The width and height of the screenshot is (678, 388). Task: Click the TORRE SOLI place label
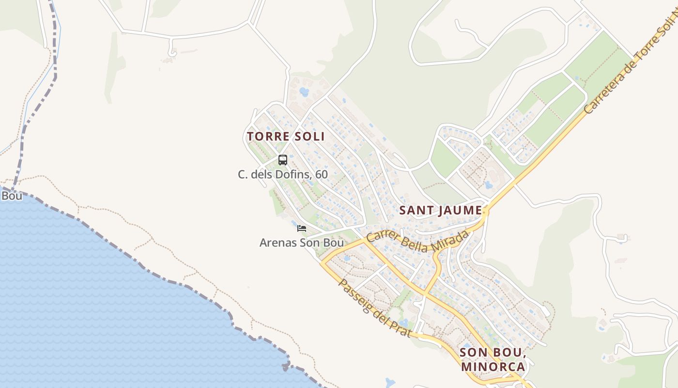(285, 136)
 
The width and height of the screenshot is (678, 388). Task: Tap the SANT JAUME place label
(440, 210)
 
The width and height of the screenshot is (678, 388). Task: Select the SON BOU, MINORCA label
(493, 359)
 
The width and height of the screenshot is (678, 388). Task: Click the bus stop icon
(283, 160)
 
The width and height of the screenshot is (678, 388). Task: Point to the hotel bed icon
(302, 228)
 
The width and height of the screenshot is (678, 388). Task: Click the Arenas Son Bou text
(301, 242)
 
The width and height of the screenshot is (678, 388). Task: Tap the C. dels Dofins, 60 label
(283, 174)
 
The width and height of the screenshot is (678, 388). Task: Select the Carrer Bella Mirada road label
(417, 241)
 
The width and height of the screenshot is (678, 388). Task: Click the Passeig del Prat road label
(375, 308)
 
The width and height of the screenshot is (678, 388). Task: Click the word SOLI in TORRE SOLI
(310, 136)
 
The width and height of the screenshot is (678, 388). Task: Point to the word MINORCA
(493, 366)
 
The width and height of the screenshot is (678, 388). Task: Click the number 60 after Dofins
(321, 174)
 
